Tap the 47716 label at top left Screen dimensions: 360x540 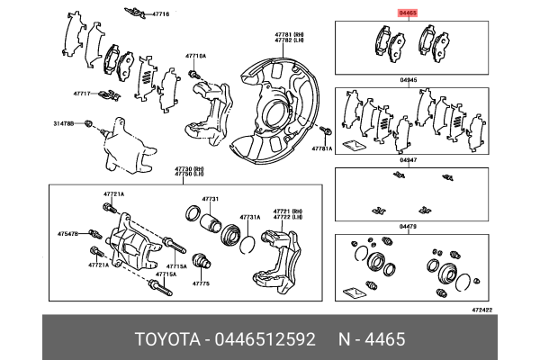pos(160,15)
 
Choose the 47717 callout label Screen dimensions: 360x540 pos(84,93)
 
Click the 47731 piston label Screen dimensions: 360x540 pos(211,199)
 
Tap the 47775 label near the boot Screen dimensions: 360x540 pos(201,283)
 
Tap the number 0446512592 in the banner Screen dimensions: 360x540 pos(266,338)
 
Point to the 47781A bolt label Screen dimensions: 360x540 pos(322,148)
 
